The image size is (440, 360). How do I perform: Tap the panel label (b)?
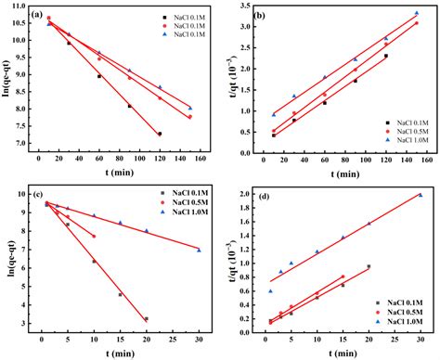262,15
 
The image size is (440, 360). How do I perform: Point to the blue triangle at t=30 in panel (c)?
199,250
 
